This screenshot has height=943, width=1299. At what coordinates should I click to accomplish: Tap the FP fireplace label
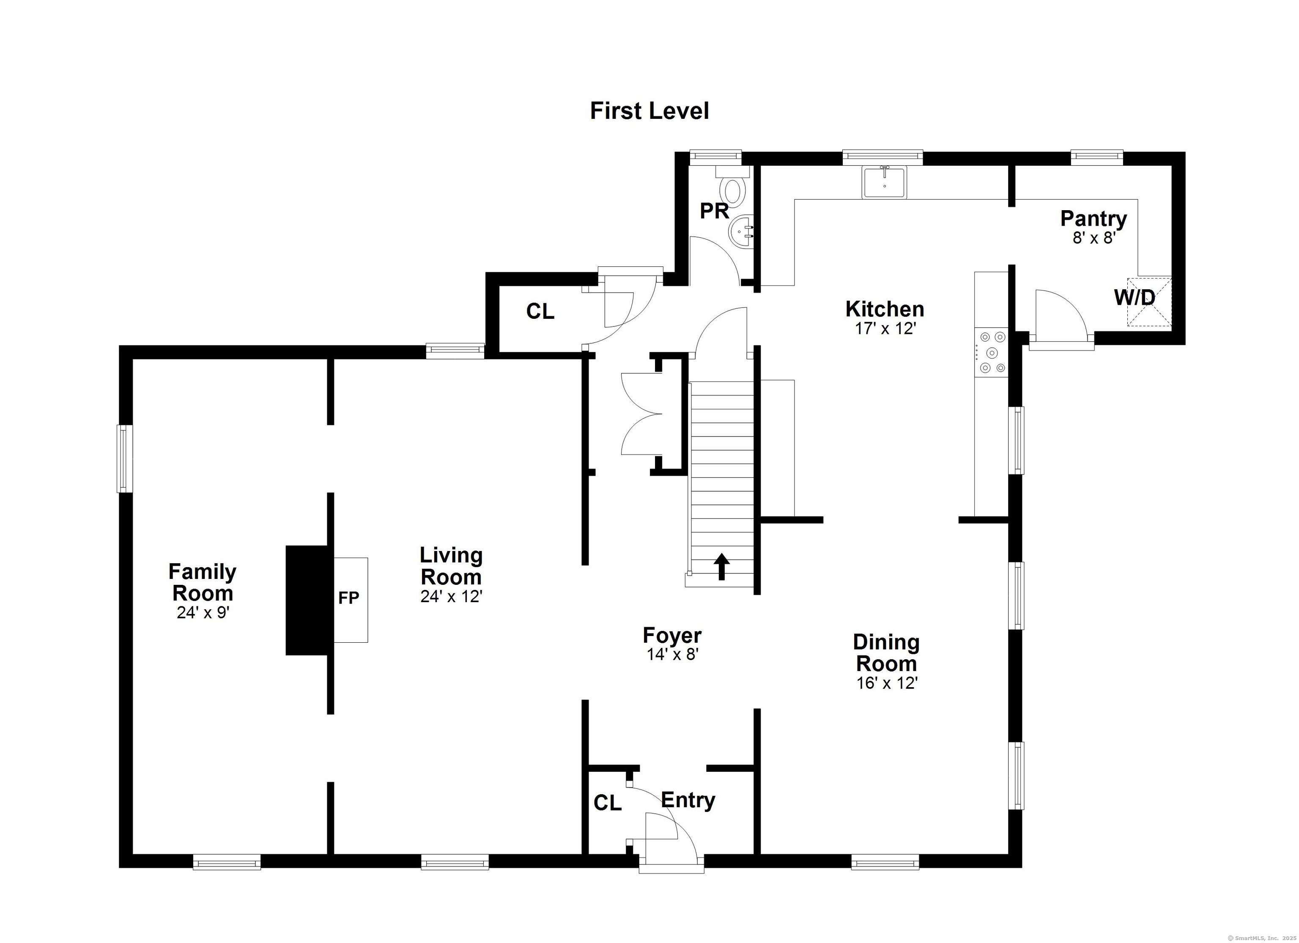click(348, 598)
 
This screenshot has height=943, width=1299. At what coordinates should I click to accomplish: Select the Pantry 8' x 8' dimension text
click(1094, 238)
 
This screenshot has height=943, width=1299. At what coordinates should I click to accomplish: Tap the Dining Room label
click(886, 653)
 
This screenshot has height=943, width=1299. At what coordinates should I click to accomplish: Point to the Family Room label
click(202, 582)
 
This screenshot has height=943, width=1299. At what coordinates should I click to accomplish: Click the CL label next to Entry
click(607, 803)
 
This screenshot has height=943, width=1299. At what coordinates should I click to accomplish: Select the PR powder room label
click(714, 211)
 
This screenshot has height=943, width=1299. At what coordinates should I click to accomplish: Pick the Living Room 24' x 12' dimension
click(451, 597)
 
